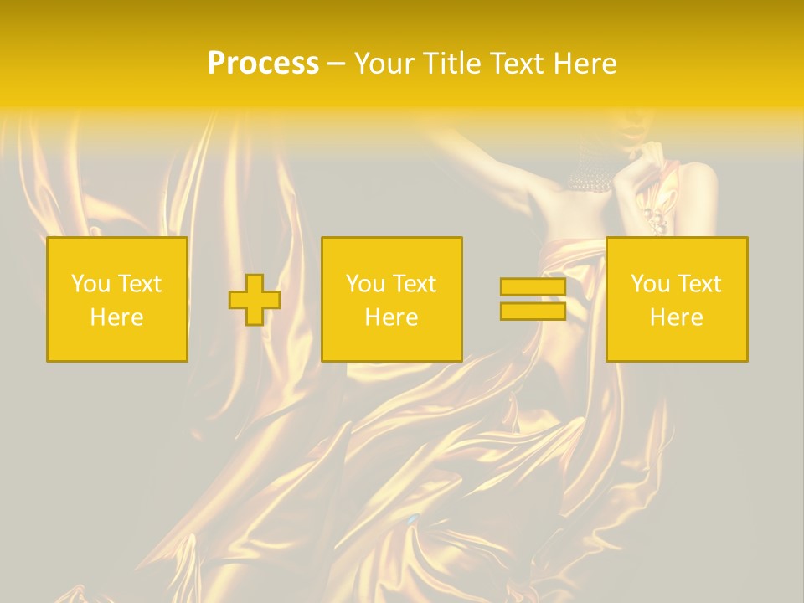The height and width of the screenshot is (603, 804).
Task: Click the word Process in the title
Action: [x=263, y=64]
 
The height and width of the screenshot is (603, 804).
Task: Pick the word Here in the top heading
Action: [x=587, y=64]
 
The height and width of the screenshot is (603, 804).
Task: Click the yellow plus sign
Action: [x=255, y=300]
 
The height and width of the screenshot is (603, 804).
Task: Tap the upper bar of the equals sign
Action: [x=533, y=287]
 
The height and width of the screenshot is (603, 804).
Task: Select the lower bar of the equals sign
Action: [x=533, y=311]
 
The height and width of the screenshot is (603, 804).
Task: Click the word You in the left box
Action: [x=90, y=284]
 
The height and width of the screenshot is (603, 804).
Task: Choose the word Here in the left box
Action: [x=116, y=317]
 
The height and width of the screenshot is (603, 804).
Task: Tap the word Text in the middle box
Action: [x=415, y=284]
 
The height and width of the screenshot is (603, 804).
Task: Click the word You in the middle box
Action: [x=364, y=284]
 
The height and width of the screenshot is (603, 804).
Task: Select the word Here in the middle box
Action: [x=391, y=317]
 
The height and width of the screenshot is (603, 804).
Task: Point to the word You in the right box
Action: [x=649, y=284]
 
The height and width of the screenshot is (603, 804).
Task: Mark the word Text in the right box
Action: [x=699, y=284]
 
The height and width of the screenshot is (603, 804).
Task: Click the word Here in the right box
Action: [x=676, y=317]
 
